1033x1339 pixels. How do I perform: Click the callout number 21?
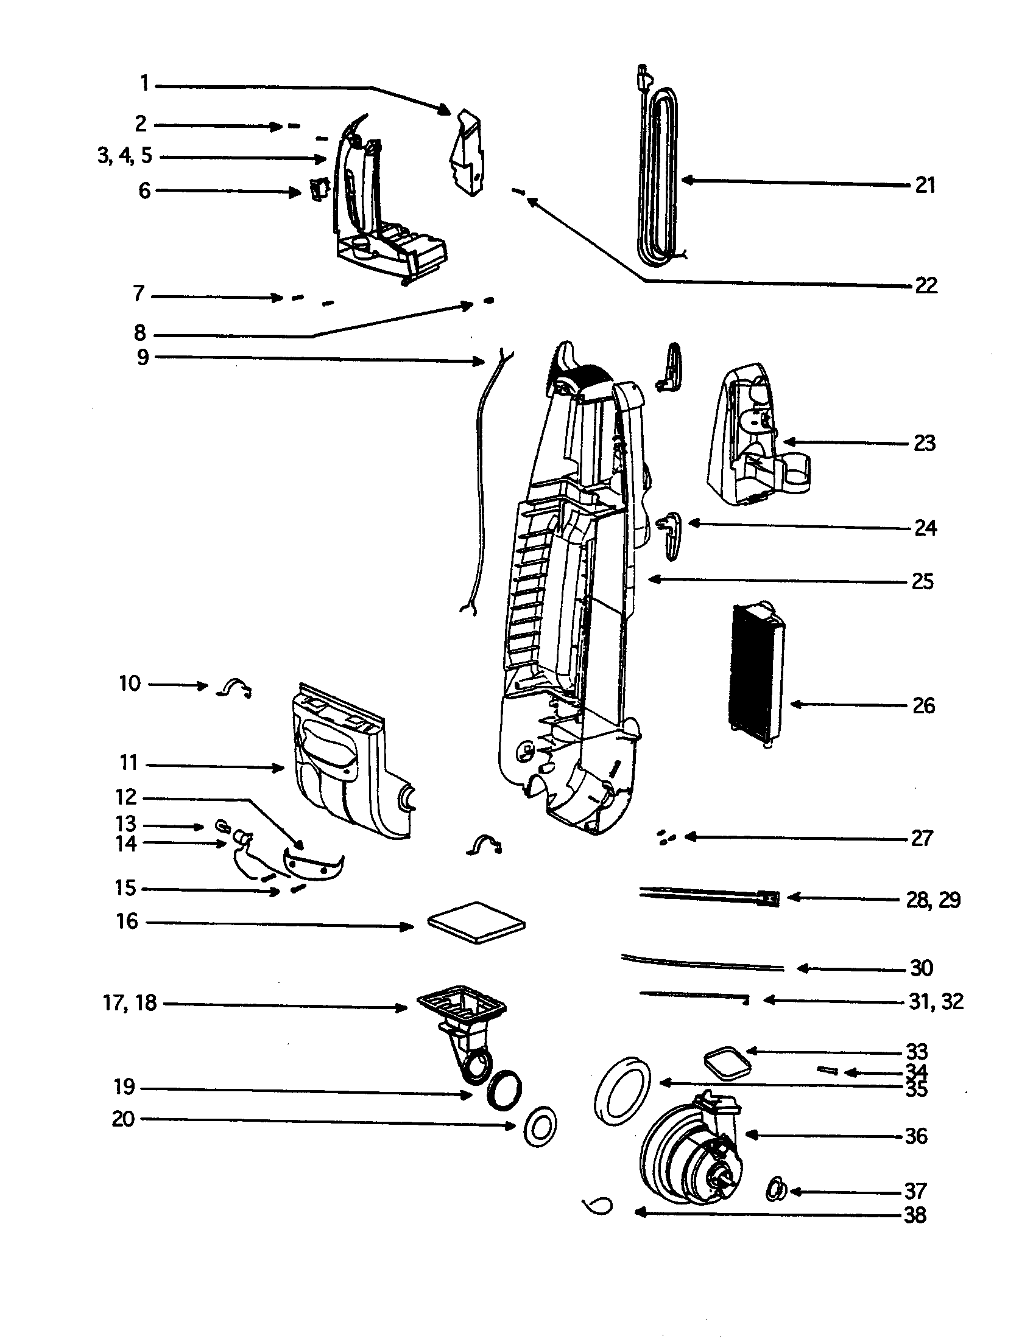point(925,185)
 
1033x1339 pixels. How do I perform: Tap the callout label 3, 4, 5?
point(124,156)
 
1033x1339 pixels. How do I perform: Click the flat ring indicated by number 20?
point(540,1127)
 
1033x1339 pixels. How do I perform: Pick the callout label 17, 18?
point(130,1003)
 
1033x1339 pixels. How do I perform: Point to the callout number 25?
point(923,581)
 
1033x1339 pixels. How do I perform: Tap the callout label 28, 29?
point(933,900)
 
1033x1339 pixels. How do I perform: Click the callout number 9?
point(143,357)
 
